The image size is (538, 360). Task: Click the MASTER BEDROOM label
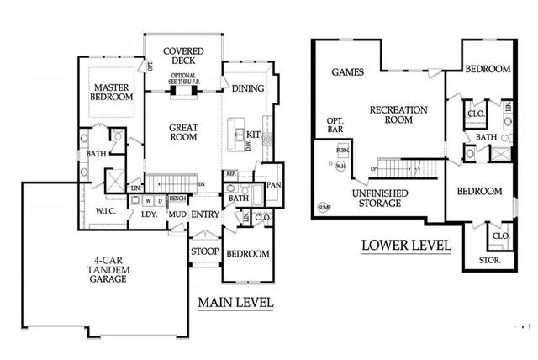tap(113, 93)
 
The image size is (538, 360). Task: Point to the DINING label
tap(248, 88)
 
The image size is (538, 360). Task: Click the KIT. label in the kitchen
tap(253, 134)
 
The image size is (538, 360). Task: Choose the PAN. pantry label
tap(272, 184)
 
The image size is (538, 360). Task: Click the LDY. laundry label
tap(150, 214)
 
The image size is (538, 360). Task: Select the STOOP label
tap(205, 251)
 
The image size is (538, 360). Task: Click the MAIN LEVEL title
tap(235, 303)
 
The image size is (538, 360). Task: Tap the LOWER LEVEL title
tap(406, 246)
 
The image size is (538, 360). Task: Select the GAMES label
tap(347, 72)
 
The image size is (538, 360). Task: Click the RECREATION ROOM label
tap(399, 115)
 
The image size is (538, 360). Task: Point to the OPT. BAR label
tap(335, 126)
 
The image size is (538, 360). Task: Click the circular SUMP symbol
tap(324, 207)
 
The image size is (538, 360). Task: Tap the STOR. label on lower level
tap(489, 261)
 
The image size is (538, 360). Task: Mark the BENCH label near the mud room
tap(177, 199)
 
